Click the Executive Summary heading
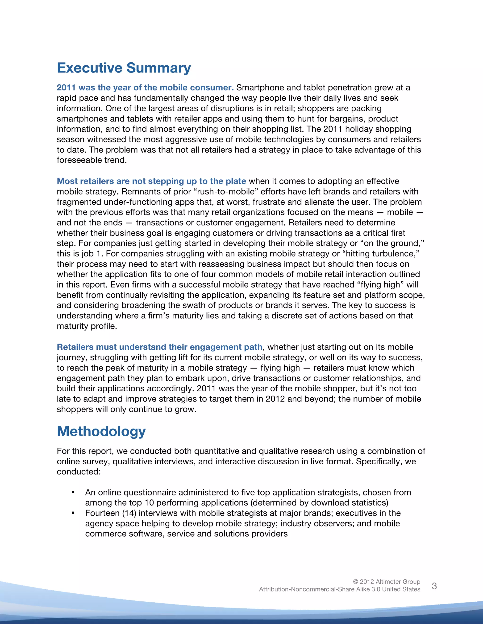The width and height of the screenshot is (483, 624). pos(124,68)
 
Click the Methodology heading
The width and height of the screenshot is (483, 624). pos(101,431)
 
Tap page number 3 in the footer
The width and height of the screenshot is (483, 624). pos(434,586)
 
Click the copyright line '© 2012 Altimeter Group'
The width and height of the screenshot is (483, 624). pos(386,581)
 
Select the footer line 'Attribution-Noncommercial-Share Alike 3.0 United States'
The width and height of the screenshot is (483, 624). pos(339,589)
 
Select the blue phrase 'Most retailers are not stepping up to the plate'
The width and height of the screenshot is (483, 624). pos(151,181)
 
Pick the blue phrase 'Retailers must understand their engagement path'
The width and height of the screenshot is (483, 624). pos(159,347)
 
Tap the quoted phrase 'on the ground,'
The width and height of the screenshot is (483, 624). pos(393,243)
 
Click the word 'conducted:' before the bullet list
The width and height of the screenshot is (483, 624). pos(79,472)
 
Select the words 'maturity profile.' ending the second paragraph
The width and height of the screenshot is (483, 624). pos(87,326)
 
